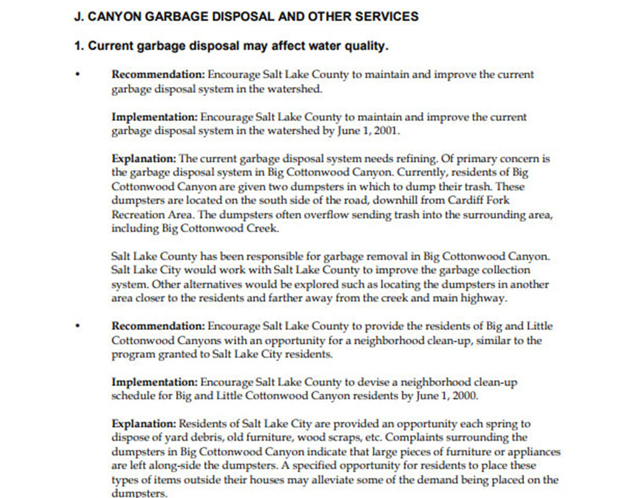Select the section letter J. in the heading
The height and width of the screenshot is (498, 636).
point(79,17)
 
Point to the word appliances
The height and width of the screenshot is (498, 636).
point(533,452)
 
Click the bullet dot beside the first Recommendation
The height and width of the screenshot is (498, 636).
point(78,75)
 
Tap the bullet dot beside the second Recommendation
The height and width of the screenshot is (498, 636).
point(78,326)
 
